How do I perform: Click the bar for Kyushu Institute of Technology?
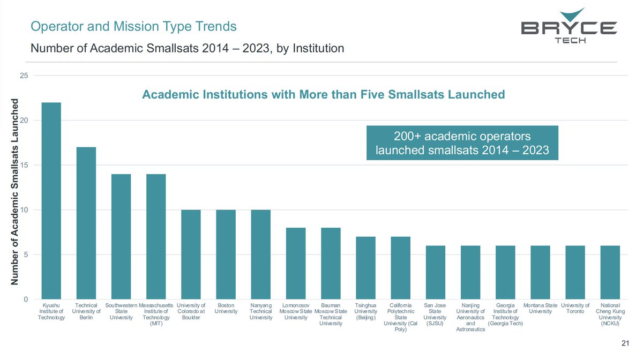click(x=51, y=201)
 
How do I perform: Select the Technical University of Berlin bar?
click(x=86, y=223)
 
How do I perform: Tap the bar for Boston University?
click(x=226, y=254)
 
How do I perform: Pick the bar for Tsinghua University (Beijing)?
click(x=365, y=268)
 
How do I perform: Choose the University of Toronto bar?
click(x=575, y=272)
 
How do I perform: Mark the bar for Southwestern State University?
click(x=121, y=237)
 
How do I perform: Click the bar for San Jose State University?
click(x=435, y=272)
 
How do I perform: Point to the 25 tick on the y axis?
click(x=24, y=76)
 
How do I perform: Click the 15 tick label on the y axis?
click(x=24, y=165)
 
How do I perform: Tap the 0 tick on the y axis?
click(x=26, y=299)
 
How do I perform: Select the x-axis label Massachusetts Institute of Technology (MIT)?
click(x=156, y=314)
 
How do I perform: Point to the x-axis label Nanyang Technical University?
click(x=261, y=311)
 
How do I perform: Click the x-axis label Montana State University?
click(x=540, y=308)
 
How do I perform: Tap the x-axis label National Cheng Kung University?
click(x=610, y=314)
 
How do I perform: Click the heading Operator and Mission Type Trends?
click(x=133, y=26)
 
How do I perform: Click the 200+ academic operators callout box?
click(x=462, y=142)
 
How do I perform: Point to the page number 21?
click(x=624, y=343)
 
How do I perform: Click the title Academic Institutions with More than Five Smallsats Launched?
click(x=323, y=95)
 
